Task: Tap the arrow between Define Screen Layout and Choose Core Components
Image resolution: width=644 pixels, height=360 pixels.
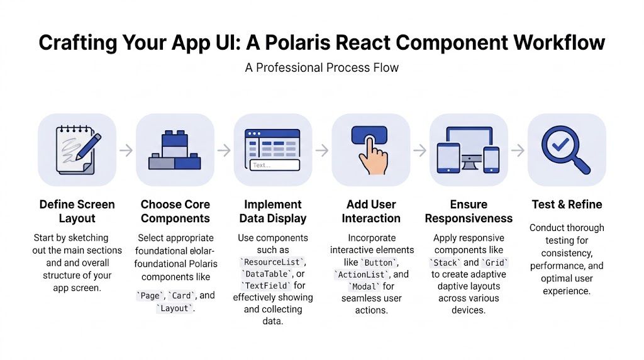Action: [126, 150]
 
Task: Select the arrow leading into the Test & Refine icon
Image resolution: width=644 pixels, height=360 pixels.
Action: [518, 150]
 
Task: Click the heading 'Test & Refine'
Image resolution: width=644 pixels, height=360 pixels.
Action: [566, 205]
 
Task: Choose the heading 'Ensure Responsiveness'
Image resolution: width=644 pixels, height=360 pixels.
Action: [469, 211]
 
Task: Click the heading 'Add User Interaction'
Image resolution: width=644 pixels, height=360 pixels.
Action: [371, 211]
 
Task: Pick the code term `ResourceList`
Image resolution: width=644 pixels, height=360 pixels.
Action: [273, 262]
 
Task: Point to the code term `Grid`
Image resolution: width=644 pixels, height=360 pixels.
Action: [494, 262]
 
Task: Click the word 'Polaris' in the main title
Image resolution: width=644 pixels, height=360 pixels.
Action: [313, 42]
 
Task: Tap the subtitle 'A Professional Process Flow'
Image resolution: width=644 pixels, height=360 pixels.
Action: [322, 67]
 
